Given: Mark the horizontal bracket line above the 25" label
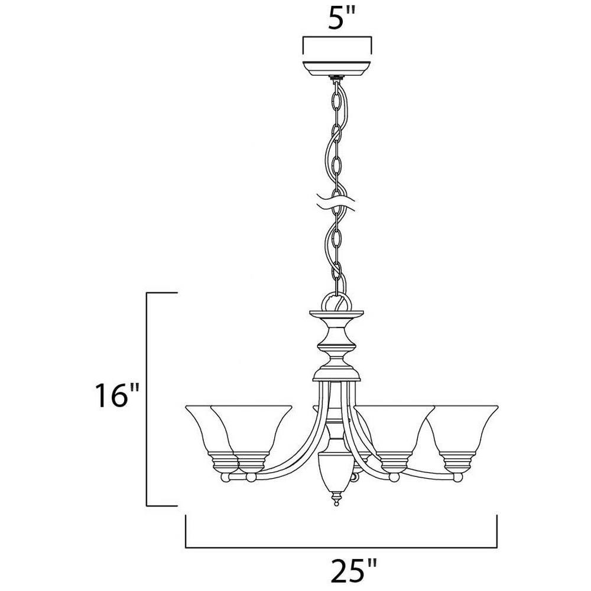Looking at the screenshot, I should click(x=342, y=547).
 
